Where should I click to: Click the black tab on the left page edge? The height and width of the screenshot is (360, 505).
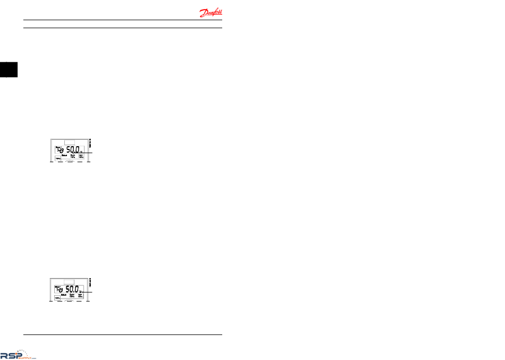point(9,70)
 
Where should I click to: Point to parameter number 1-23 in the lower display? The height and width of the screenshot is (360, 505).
point(59,290)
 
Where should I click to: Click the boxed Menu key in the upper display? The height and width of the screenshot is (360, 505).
point(57,158)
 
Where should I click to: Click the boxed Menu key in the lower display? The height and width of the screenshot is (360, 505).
point(57,298)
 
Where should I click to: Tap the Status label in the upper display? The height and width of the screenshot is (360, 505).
point(64,156)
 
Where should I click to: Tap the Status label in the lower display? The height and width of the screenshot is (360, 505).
point(64,295)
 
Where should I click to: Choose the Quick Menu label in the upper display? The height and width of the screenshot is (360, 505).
point(73,157)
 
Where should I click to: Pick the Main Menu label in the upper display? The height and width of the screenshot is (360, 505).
point(81,157)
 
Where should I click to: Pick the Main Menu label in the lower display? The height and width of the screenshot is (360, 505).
point(81,296)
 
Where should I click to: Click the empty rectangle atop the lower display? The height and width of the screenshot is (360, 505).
point(69,282)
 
